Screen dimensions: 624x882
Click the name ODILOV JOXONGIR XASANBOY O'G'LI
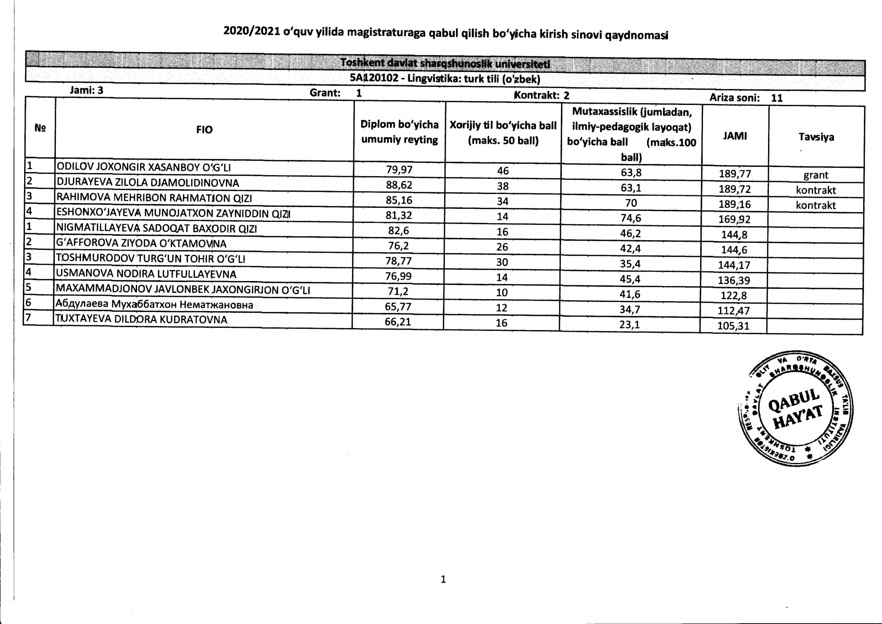click(143, 167)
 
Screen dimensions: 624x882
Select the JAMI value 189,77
click(735, 174)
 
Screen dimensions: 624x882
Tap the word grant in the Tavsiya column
click(816, 175)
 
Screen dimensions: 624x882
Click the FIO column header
click(204, 130)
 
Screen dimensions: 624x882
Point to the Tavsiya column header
click(816, 137)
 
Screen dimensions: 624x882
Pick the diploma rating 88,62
click(399, 185)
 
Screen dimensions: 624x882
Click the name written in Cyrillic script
click(154, 304)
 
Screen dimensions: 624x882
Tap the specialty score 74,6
click(630, 218)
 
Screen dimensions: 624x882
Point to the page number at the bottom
click(443, 579)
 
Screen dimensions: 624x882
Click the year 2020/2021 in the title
click(252, 31)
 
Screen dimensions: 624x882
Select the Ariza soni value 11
click(777, 98)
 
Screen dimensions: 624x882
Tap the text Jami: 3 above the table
click(86, 90)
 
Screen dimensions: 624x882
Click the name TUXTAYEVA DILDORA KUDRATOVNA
click(141, 319)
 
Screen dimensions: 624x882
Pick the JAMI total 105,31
click(733, 326)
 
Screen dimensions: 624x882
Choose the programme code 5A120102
click(374, 78)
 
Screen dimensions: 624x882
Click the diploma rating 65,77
click(397, 307)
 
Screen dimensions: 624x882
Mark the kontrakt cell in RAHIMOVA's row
click(816, 205)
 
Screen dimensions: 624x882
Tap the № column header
click(40, 128)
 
